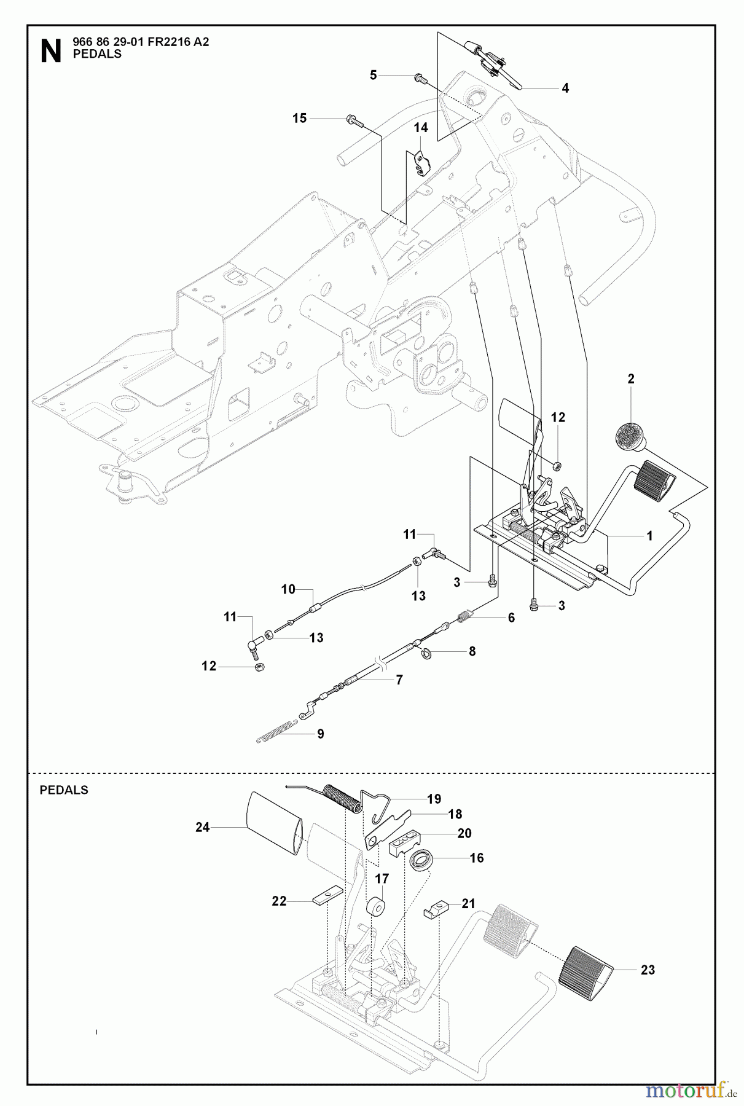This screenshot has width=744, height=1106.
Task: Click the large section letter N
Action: [50, 51]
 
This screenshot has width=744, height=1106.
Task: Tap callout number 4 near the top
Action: [565, 88]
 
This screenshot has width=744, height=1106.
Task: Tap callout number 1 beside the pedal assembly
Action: [649, 536]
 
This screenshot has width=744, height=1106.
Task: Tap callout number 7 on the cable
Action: [399, 680]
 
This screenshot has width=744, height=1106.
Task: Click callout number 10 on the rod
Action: [288, 589]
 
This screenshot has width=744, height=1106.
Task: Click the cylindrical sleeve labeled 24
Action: [273, 822]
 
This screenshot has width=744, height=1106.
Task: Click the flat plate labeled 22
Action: [327, 894]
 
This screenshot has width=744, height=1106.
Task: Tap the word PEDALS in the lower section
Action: [64, 790]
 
